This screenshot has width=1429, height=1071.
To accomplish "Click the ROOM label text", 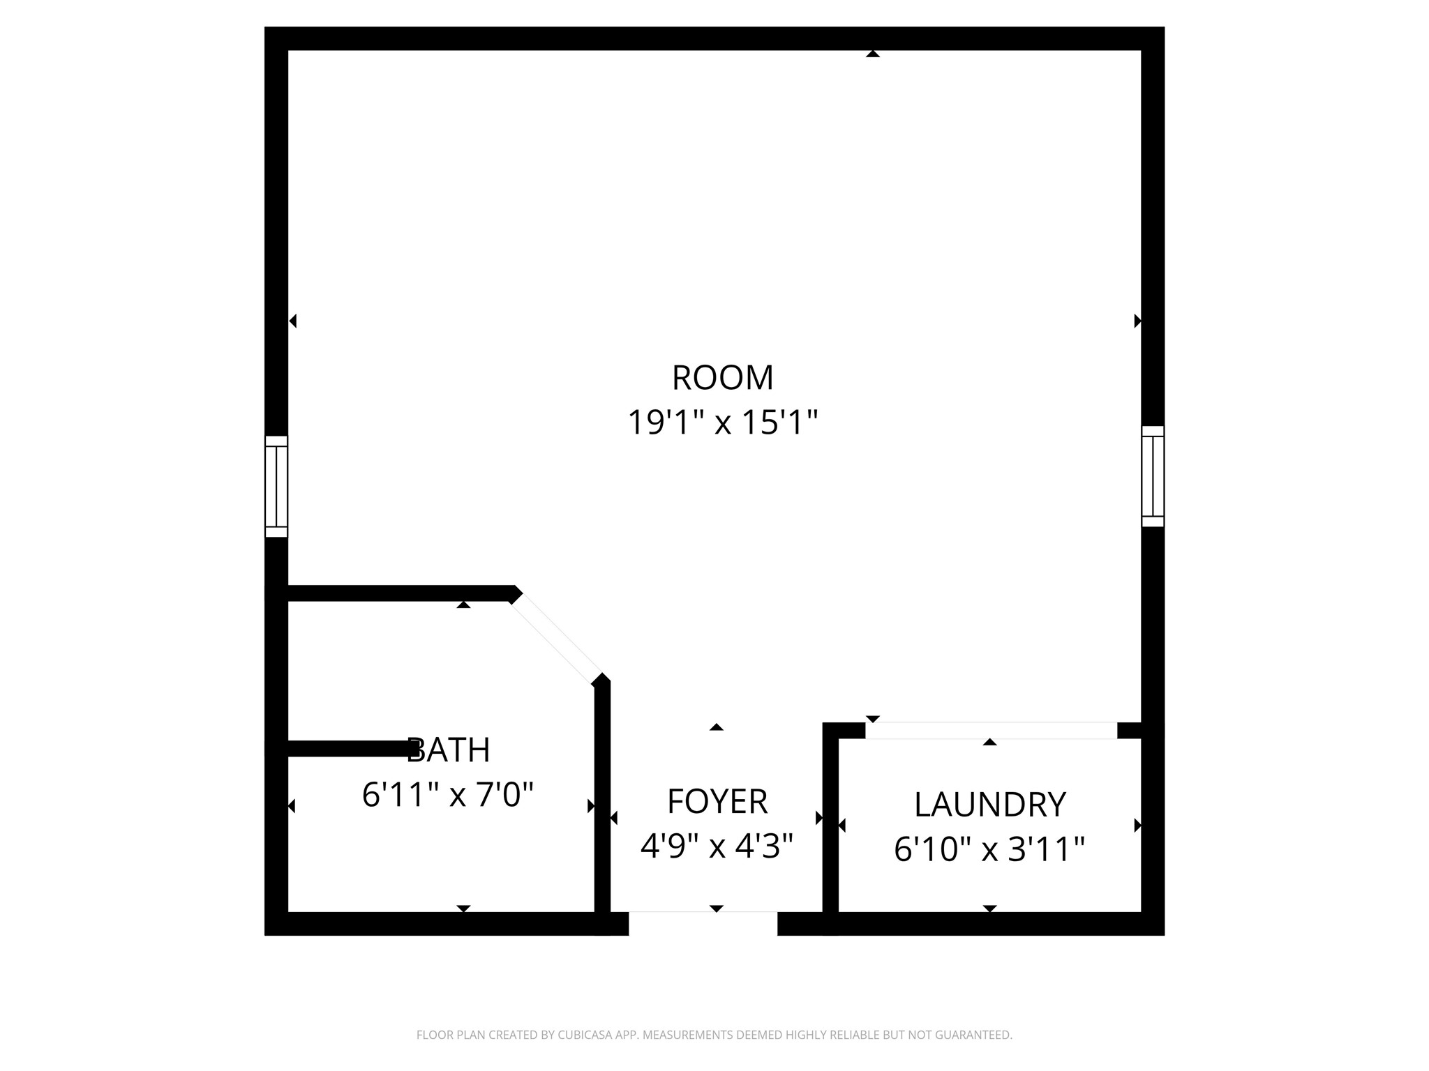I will point(722,378).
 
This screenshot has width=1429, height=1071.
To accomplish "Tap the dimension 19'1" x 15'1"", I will point(722,423).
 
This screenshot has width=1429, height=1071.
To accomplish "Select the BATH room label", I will point(449,750).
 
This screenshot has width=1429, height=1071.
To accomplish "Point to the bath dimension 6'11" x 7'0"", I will point(448,795).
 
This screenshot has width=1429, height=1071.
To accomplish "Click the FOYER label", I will point(717,802).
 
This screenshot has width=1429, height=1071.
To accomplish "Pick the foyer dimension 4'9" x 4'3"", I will point(717,846).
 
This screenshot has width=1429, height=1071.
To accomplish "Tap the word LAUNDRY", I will point(989,805).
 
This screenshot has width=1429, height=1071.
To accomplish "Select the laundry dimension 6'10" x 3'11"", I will point(989,850).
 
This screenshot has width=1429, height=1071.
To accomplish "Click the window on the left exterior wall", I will point(276,487).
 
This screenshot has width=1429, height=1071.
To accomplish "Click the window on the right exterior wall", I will point(1153,476).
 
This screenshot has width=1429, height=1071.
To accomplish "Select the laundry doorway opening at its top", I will point(991,730).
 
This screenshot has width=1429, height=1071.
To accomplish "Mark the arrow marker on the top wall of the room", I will point(872,54).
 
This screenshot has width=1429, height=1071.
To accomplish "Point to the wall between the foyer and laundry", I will point(830,823).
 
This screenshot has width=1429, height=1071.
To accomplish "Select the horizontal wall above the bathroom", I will point(398,593).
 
